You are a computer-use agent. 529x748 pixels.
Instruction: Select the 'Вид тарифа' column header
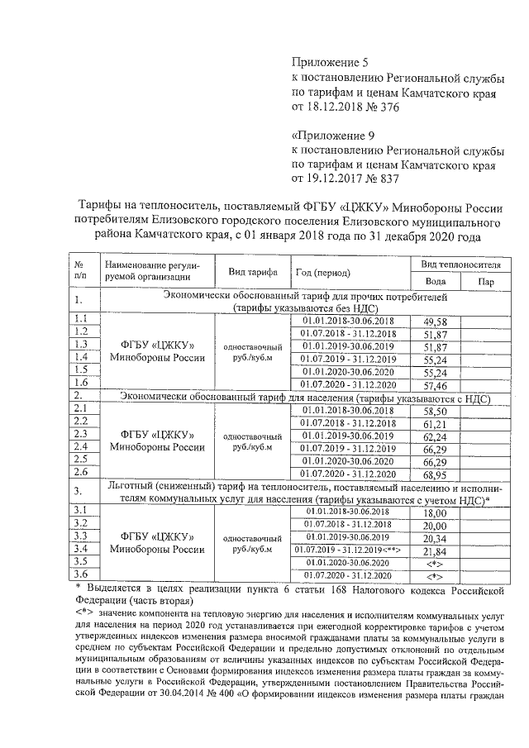pos(247,273)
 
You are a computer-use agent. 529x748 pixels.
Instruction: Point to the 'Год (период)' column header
pos(322,273)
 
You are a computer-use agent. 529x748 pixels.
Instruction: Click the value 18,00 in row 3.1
pos(434,513)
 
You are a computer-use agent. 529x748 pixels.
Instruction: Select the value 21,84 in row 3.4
pos(434,550)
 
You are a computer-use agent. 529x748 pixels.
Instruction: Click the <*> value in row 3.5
pos(434,562)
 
